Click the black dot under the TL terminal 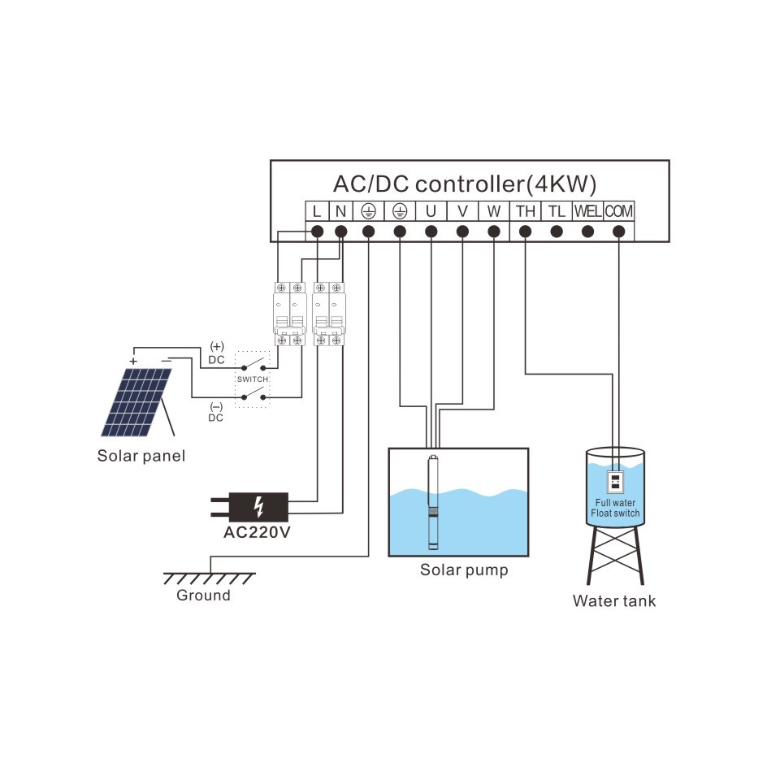[x=556, y=232]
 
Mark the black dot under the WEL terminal [x=587, y=232]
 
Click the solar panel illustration [x=136, y=402]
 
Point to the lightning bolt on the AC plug [x=258, y=506]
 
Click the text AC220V [x=257, y=533]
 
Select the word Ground [x=203, y=596]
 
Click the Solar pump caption [x=464, y=570]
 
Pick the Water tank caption [x=613, y=601]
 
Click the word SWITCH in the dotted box [x=252, y=379]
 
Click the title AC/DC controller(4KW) [x=470, y=183]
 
